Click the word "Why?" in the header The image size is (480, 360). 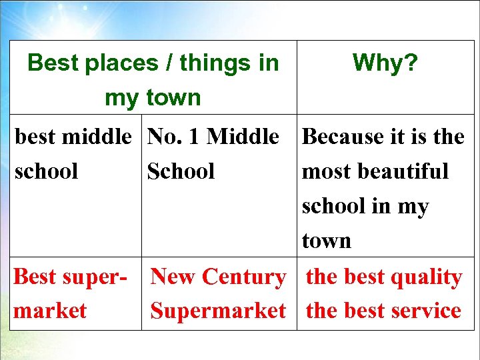pyautogui.click(x=385, y=63)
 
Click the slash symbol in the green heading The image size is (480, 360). pyautogui.click(x=170, y=63)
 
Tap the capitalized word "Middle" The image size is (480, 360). pyautogui.click(x=243, y=137)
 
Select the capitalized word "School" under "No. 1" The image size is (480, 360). pyautogui.click(x=181, y=171)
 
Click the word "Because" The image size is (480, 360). pyautogui.click(x=342, y=137)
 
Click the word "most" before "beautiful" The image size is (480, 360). pyautogui.click(x=327, y=171)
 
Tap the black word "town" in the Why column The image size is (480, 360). pyautogui.click(x=326, y=241)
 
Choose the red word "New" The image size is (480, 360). pyautogui.click(x=174, y=277)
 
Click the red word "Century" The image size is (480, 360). pyautogui.click(x=244, y=277)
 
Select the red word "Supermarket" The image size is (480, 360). pyautogui.click(x=218, y=311)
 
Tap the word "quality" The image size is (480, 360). pyautogui.click(x=426, y=277)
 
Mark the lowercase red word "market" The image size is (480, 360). pyautogui.click(x=50, y=311)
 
